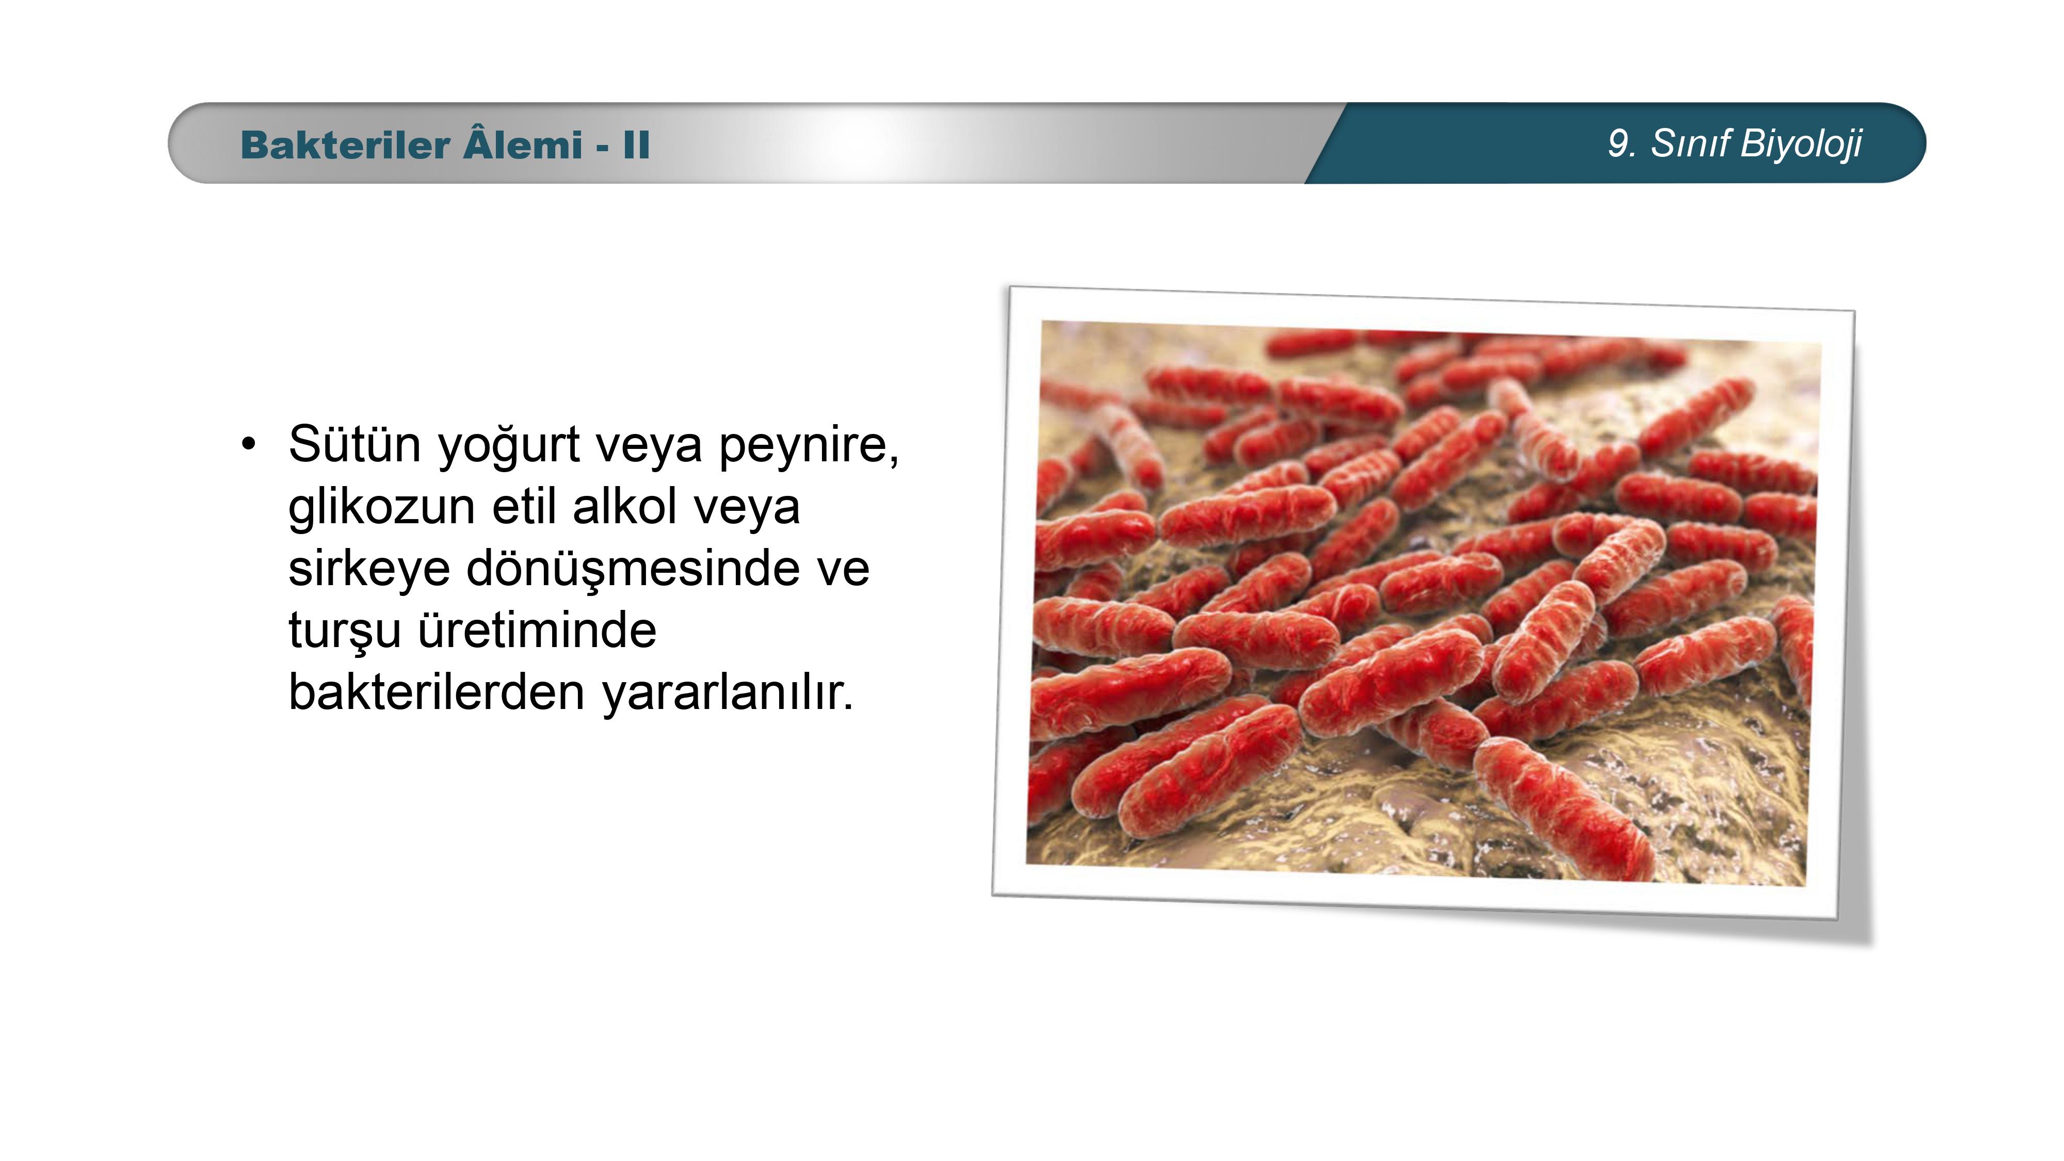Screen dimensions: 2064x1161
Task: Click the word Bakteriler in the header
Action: coord(345,145)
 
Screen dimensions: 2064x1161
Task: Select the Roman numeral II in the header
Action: coord(636,145)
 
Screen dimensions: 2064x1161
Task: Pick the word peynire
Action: coord(809,447)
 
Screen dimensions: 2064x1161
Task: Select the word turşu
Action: coord(345,632)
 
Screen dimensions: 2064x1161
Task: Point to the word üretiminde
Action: coord(537,630)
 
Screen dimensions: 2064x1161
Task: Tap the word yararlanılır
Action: coord(728,693)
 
